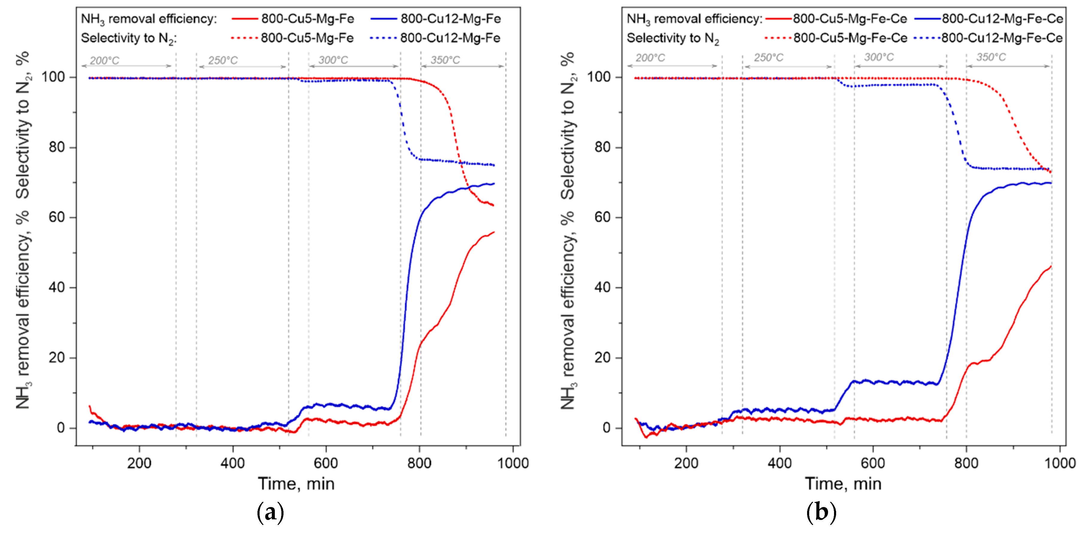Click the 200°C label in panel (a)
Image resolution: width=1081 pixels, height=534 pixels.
click(104, 60)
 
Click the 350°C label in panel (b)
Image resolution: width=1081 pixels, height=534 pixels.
click(991, 57)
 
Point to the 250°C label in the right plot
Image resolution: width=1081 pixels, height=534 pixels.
click(768, 57)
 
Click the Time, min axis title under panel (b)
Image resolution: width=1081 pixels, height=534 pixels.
click(843, 484)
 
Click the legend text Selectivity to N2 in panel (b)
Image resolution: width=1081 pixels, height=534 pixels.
click(673, 39)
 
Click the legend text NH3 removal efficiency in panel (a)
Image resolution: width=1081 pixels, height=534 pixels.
click(149, 19)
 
